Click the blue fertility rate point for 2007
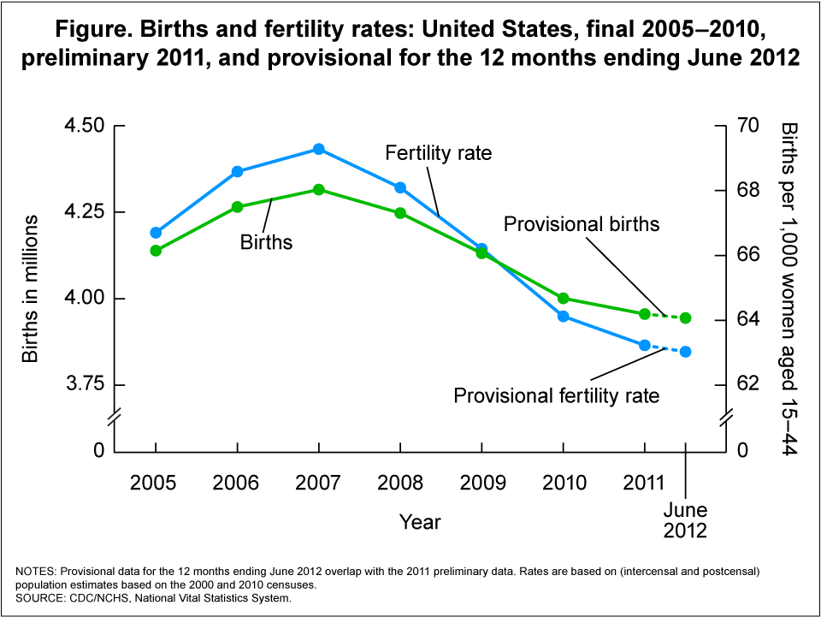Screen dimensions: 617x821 pos(319,149)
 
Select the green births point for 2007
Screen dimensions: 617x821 pos(319,189)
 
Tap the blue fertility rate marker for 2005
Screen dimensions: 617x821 pos(156,233)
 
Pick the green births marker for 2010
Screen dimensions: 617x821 pos(564,299)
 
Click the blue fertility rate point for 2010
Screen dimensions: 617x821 pos(564,317)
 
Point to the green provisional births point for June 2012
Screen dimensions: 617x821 pos(686,318)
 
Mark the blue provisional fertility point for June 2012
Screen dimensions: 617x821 pos(686,352)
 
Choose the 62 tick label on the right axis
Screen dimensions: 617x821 pos(747,383)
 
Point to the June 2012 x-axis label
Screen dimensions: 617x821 pos(686,519)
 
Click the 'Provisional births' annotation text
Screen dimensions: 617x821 pos(582,224)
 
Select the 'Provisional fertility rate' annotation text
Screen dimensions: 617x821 pos(557,396)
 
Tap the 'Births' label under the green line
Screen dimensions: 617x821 pos(266,243)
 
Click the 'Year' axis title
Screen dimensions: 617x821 pos(420,521)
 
